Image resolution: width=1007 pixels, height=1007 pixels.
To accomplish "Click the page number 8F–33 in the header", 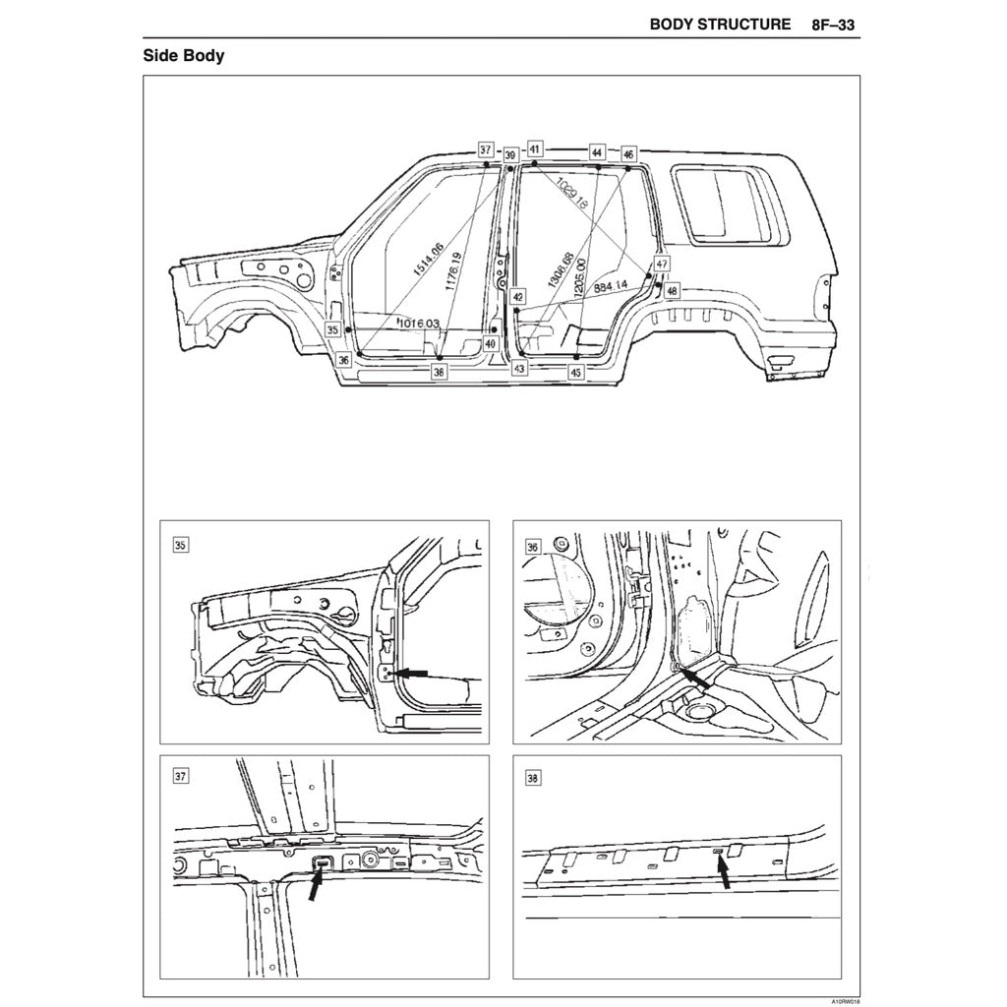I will (833, 24).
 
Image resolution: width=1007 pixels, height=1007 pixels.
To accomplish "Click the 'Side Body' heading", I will (184, 55).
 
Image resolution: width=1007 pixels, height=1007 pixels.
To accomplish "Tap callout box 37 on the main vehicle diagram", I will (486, 149).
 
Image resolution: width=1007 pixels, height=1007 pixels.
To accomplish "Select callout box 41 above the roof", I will (534, 148).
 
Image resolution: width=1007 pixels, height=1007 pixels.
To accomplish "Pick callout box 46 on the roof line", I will (628, 153).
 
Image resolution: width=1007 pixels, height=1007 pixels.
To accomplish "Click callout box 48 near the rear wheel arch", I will (671, 291).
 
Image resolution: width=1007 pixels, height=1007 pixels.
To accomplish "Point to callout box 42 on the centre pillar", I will (518, 295).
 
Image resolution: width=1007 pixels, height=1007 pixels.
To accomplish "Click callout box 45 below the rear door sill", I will (576, 373).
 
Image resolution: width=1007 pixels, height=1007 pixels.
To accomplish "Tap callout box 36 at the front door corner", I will (343, 361).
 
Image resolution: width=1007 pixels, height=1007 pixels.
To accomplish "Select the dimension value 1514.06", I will (426, 263).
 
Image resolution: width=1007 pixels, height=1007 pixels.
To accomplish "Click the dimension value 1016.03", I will (418, 323).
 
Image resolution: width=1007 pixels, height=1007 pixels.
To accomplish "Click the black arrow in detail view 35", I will (414, 673).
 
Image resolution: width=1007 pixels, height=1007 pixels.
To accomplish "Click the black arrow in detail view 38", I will (726, 873).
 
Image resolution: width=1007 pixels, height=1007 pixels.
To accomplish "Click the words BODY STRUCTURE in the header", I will (720, 24).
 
